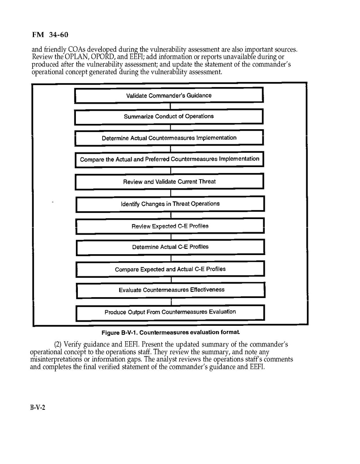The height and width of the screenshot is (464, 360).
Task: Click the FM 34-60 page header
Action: pyautogui.click(x=50, y=35)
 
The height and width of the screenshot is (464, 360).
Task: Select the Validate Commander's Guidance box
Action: pyautogui.click(x=169, y=95)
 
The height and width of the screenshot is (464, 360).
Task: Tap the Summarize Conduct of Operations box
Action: pyautogui.click(x=169, y=116)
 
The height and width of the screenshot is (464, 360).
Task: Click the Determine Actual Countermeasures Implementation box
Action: pyautogui.click(x=169, y=138)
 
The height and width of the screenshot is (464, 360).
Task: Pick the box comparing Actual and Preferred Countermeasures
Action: pyautogui.click(x=170, y=159)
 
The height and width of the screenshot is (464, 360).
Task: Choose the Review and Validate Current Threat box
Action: pyautogui.click(x=170, y=181)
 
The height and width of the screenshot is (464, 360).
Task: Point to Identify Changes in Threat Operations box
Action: pyautogui.click(x=170, y=204)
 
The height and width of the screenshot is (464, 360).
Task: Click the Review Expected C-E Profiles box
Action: pyautogui.click(x=170, y=226)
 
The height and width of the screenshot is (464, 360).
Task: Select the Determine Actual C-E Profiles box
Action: pyautogui.click(x=170, y=247)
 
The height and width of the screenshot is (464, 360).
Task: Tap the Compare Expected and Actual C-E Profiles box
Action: pyautogui.click(x=170, y=269)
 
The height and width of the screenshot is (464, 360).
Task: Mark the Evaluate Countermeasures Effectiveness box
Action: pyautogui.click(x=171, y=290)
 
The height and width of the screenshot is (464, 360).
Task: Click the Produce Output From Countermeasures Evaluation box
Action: pyautogui.click(x=170, y=312)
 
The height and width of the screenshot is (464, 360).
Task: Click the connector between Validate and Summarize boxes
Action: pyautogui.click(x=169, y=106)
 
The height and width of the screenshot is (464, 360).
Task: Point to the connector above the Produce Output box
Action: pyautogui.click(x=171, y=302)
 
